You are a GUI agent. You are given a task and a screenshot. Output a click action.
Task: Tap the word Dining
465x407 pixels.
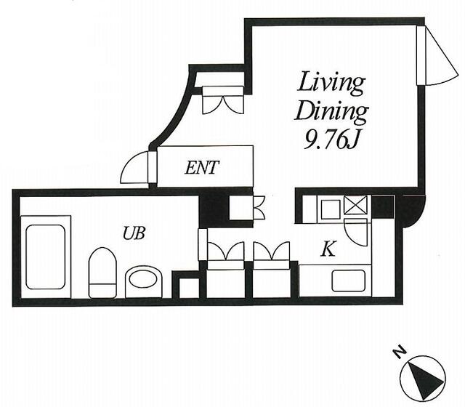[x=331, y=112]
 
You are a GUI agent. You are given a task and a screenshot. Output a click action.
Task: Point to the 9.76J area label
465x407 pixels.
[x=331, y=140]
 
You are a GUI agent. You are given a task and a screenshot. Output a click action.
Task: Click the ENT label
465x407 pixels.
[x=202, y=168]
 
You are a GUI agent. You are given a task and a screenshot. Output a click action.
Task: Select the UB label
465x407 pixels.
[x=134, y=233]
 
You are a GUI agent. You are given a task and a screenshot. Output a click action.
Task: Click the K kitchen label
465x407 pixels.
[x=328, y=249]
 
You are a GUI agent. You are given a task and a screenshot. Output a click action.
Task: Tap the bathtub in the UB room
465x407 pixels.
[x=45, y=257]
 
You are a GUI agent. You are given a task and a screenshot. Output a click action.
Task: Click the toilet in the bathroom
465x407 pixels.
[x=102, y=273]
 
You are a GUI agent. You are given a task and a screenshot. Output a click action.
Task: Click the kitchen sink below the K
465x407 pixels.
[x=348, y=281]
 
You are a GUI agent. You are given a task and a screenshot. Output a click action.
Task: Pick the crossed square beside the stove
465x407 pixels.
[x=355, y=205]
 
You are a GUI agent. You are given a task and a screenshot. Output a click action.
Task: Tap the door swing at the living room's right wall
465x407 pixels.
[x=441, y=56]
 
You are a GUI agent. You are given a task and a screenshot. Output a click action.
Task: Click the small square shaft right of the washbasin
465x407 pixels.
[x=189, y=289]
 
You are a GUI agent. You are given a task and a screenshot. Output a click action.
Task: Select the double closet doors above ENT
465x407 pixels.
[x=223, y=100]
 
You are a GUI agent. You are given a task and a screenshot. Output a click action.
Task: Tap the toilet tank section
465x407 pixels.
[x=102, y=291]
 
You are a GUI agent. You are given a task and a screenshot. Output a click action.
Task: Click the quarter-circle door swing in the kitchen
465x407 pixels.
[x=356, y=232]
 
